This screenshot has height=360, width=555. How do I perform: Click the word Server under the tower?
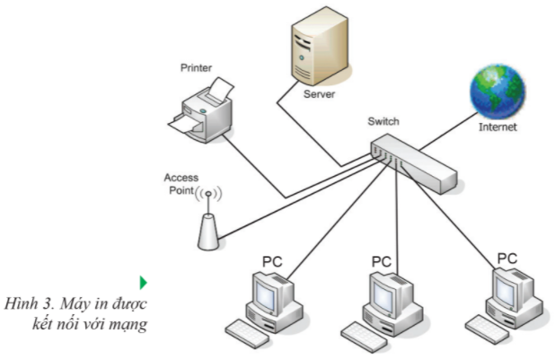[x=320, y=93]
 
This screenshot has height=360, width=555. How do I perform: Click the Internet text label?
[x=498, y=127]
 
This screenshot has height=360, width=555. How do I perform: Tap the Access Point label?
[x=181, y=184]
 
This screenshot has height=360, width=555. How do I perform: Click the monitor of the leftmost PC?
[x=270, y=292]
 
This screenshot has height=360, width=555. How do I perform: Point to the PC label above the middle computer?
[x=382, y=261]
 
